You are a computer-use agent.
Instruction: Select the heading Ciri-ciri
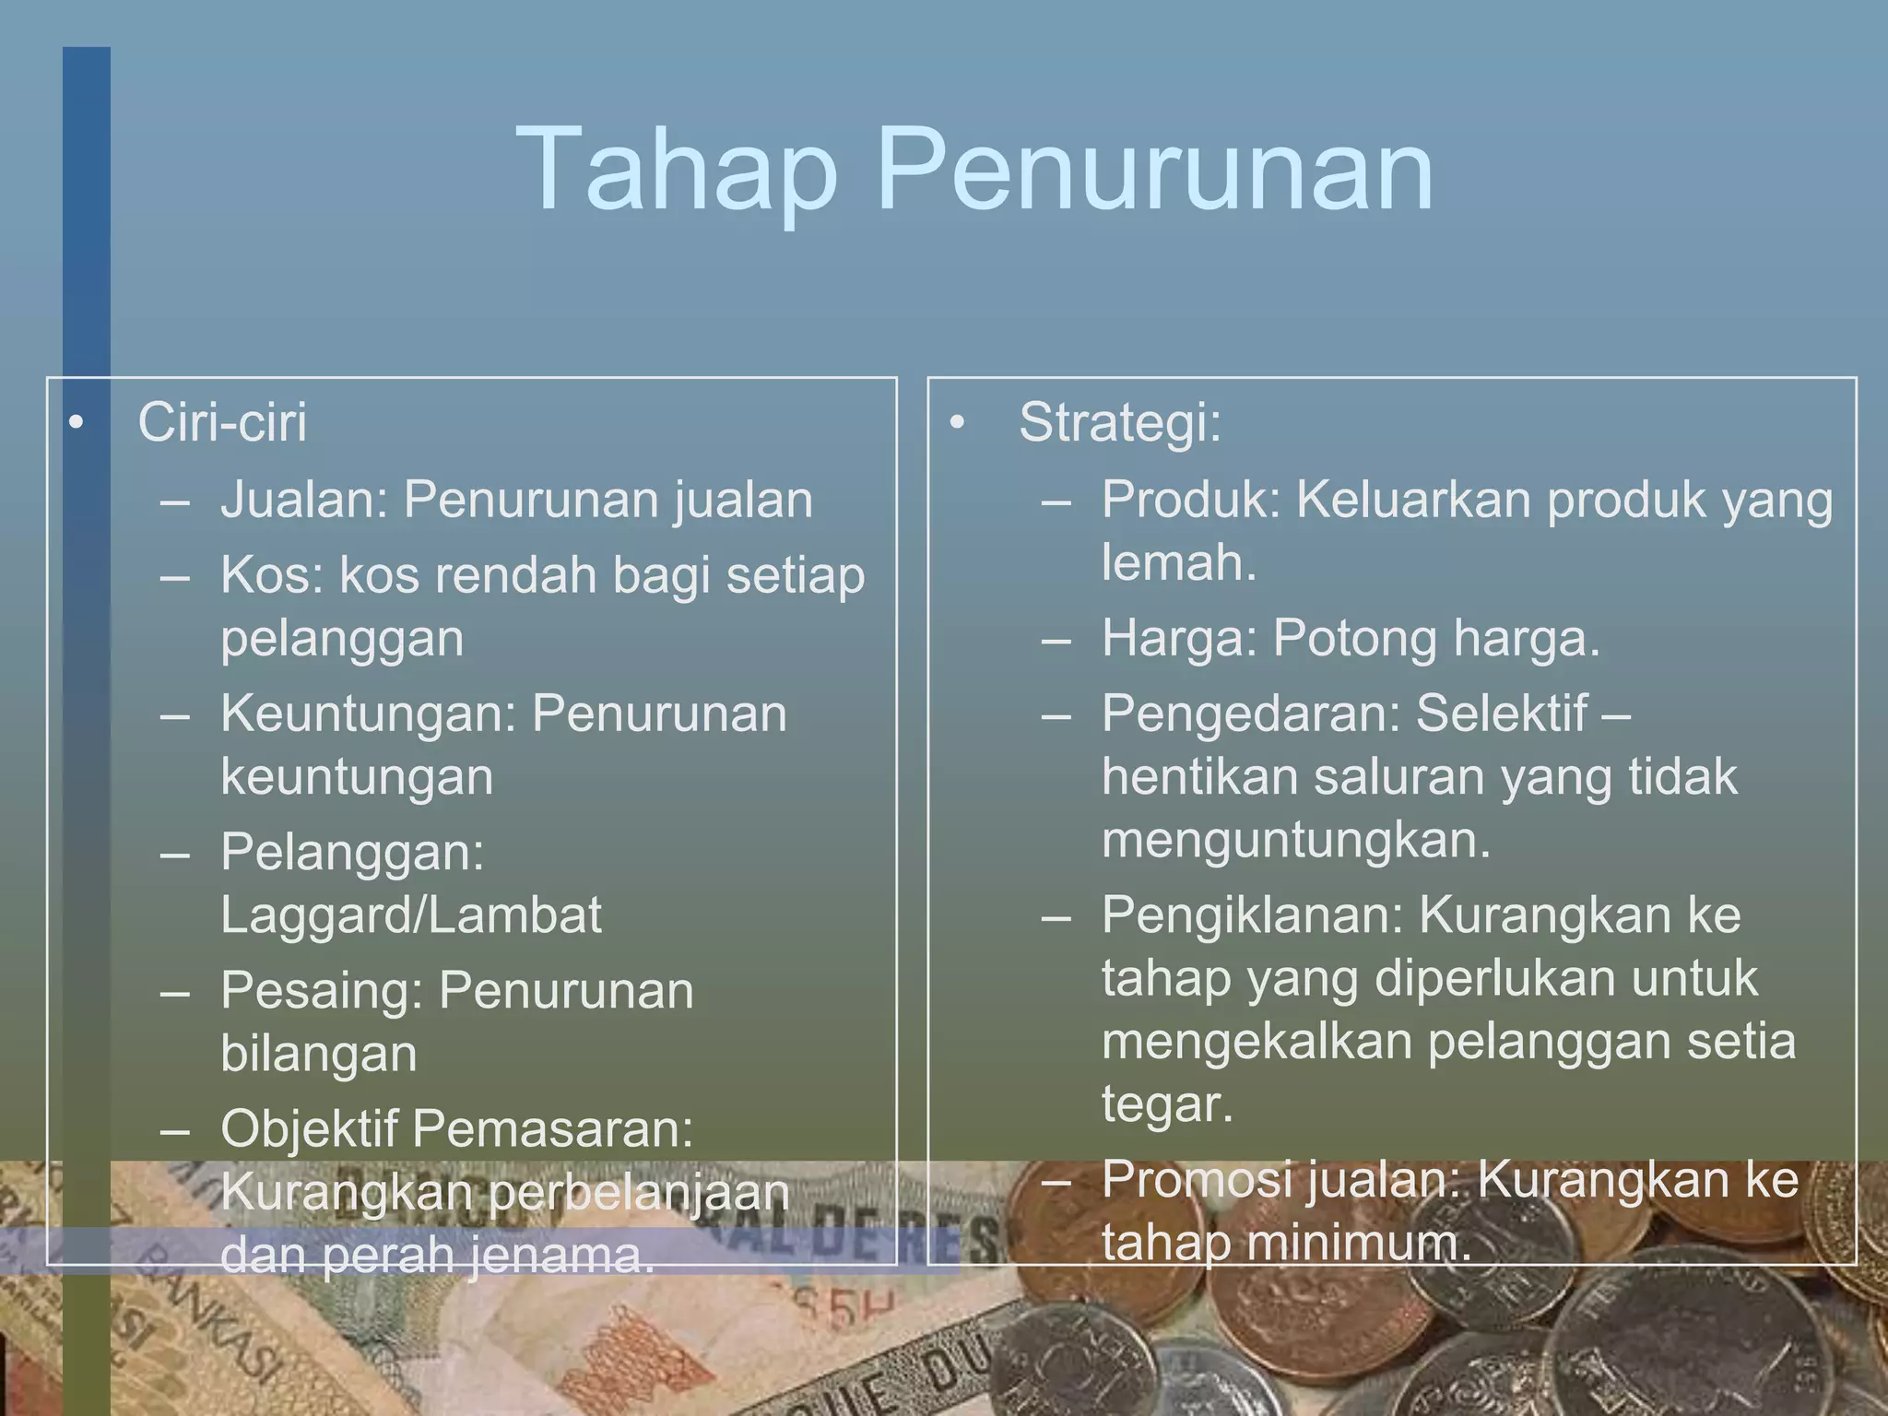pyautogui.click(x=222, y=423)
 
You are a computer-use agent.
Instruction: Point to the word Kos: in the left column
pyautogui.click(x=272, y=576)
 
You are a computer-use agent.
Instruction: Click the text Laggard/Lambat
pyautogui.click(x=411, y=915)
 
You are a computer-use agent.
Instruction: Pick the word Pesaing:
pyautogui.click(x=322, y=991)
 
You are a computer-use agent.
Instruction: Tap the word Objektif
pyautogui.click(x=309, y=1128)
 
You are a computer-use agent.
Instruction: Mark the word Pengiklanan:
pyautogui.click(x=1253, y=915)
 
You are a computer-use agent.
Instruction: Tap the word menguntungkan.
pyautogui.click(x=1296, y=840)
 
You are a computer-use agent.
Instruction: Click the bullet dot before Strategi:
pyautogui.click(x=958, y=423)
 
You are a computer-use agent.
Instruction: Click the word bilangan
pyautogui.click(x=319, y=1054)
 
